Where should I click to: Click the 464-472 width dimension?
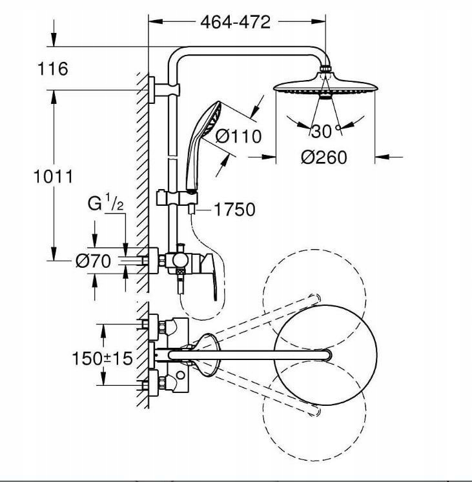click(236, 22)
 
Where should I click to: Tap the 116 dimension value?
click(52, 68)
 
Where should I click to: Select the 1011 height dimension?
click(53, 176)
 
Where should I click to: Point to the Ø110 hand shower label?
click(238, 136)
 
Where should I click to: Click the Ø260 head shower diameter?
click(324, 157)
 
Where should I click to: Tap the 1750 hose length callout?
click(234, 209)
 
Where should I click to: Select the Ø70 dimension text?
click(93, 261)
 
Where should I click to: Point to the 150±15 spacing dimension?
click(102, 358)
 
